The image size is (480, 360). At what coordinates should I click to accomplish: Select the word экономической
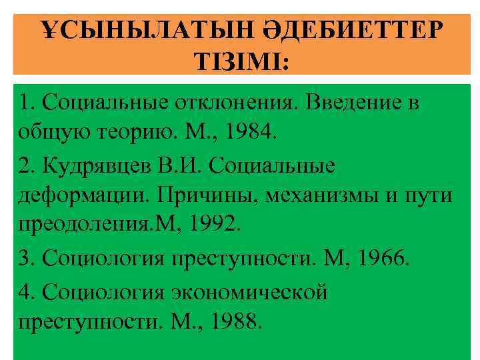[x=250, y=292]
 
